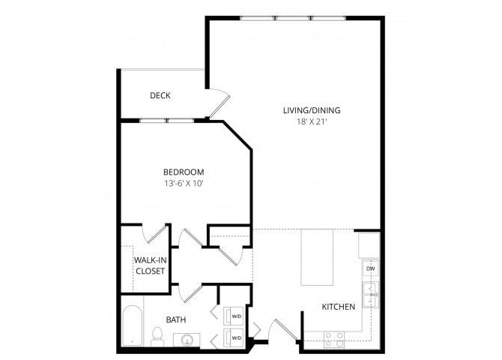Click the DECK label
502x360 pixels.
160,95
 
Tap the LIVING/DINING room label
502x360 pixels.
311,111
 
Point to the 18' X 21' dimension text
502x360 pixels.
311,122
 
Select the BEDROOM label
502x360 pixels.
183,172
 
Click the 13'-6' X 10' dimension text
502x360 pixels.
183,183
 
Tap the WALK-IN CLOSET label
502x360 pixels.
149,265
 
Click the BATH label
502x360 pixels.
176,320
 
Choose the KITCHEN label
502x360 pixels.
338,307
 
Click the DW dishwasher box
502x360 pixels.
370,268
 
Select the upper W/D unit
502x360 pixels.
235,315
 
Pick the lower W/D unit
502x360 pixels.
235,338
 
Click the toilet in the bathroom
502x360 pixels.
158,335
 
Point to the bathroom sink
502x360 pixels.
185,340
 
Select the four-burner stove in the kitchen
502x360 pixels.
333,338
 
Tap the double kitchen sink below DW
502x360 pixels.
370,294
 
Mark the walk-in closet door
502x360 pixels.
157,234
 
